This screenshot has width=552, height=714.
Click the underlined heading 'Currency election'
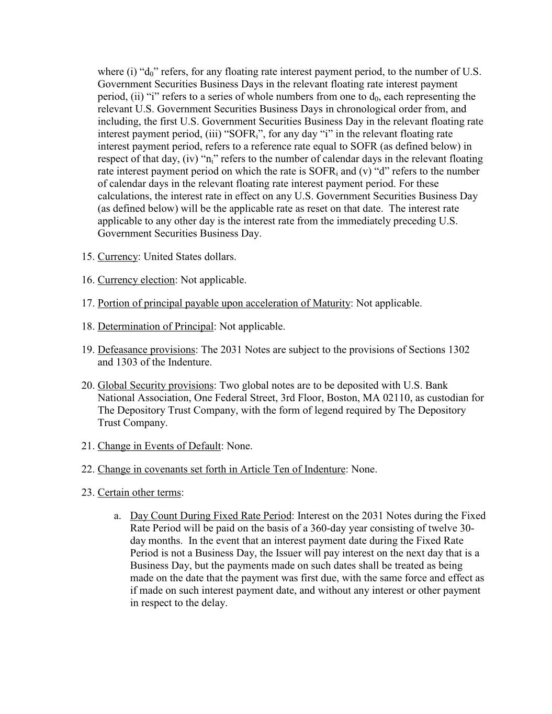coord(136,280)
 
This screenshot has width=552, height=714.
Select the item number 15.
coord(87,257)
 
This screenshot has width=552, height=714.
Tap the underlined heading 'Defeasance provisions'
coord(147,349)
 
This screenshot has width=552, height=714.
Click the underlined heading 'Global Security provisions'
coord(155,386)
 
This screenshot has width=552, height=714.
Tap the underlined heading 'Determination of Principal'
coord(155,326)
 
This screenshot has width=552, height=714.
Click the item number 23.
coord(87,492)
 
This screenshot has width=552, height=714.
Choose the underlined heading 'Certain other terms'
coord(139,492)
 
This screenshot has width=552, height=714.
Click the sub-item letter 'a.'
coord(118,516)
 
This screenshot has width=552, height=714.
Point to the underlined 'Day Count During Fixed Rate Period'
coord(210,516)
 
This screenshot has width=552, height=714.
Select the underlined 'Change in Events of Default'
coord(159,446)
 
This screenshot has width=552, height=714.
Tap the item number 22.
coord(87,469)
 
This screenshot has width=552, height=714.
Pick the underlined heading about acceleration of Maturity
coord(223,303)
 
